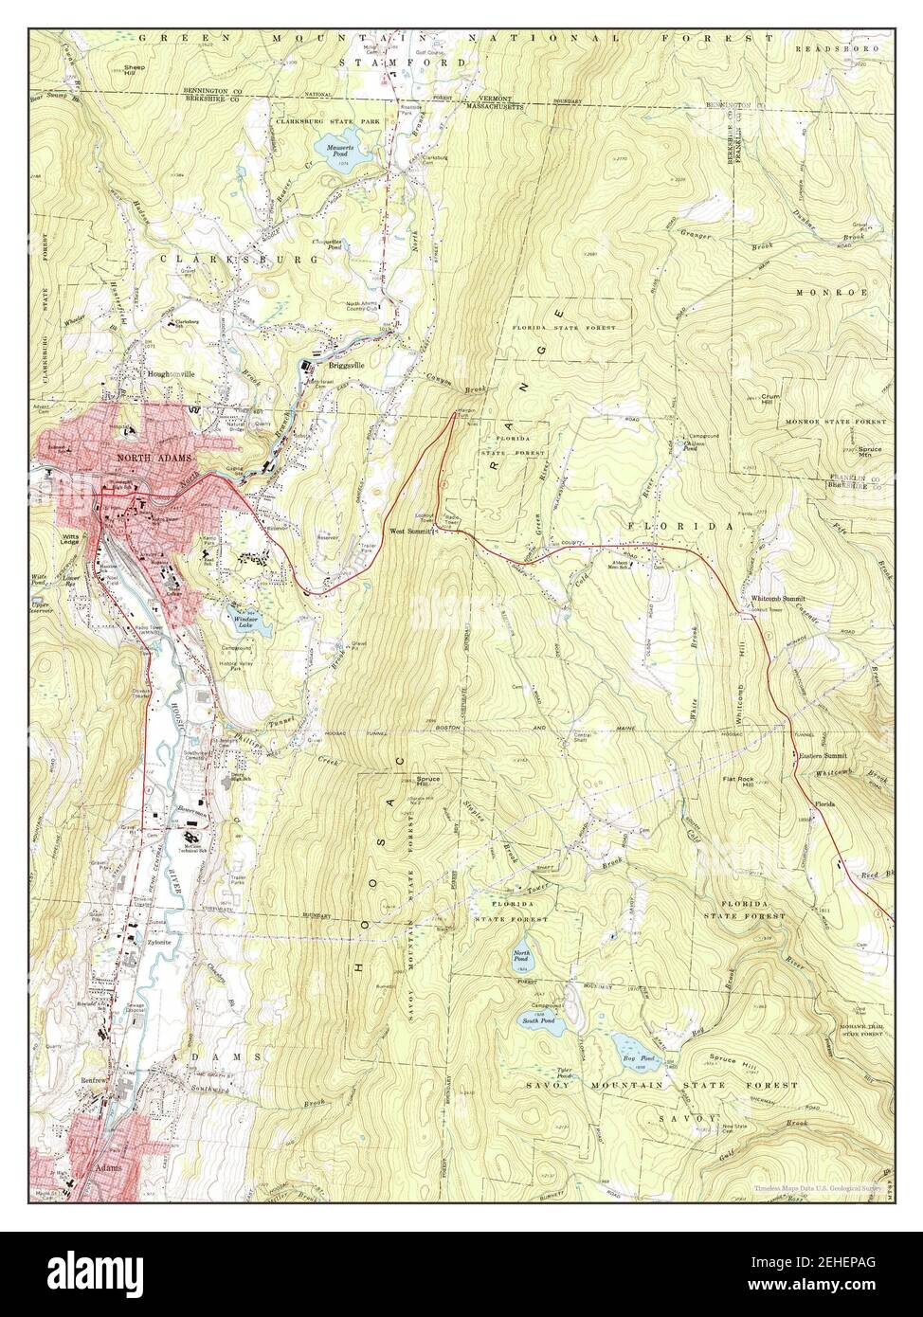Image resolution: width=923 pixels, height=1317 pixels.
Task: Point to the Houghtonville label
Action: [x=171, y=374]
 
